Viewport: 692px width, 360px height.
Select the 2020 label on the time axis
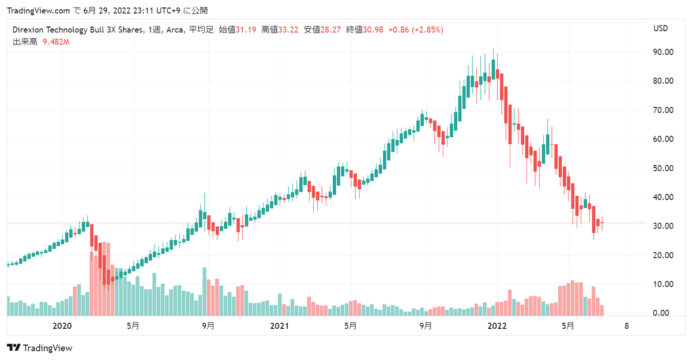click(x=62, y=326)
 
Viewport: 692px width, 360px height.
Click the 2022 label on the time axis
click(x=497, y=326)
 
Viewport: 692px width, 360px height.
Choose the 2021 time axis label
click(x=280, y=326)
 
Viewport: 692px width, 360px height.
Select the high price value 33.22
click(x=288, y=29)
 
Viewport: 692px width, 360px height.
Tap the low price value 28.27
click(x=330, y=29)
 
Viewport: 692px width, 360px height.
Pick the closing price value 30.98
click(x=373, y=29)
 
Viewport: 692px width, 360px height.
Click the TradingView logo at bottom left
click(x=40, y=348)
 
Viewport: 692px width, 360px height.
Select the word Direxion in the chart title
click(x=29, y=29)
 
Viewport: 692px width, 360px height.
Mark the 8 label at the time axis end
click(x=626, y=326)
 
